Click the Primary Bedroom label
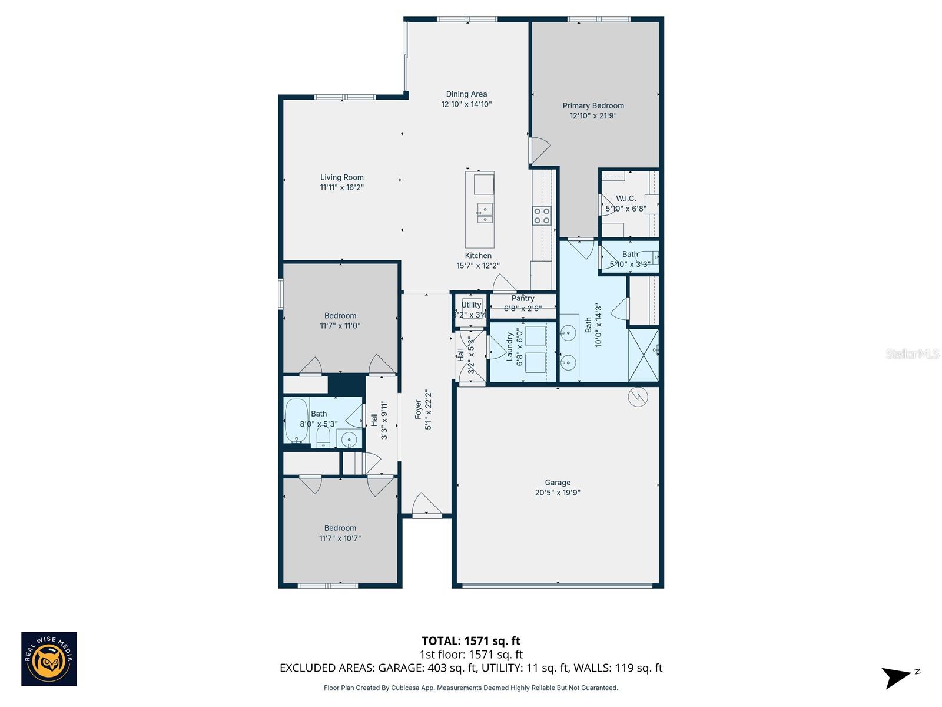point(593,106)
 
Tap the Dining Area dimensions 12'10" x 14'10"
point(466,104)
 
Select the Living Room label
point(341,177)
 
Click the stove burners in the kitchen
point(542,216)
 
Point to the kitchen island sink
point(485,213)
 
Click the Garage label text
point(557,483)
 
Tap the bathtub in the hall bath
point(296,420)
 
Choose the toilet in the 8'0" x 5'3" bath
point(323,437)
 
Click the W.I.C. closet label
point(625,199)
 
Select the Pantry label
point(523,299)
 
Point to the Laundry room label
point(510,346)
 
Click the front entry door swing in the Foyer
point(426,505)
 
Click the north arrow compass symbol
point(897,677)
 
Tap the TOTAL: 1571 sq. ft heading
point(470,641)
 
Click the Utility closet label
point(471,305)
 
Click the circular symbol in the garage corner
point(637,398)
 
